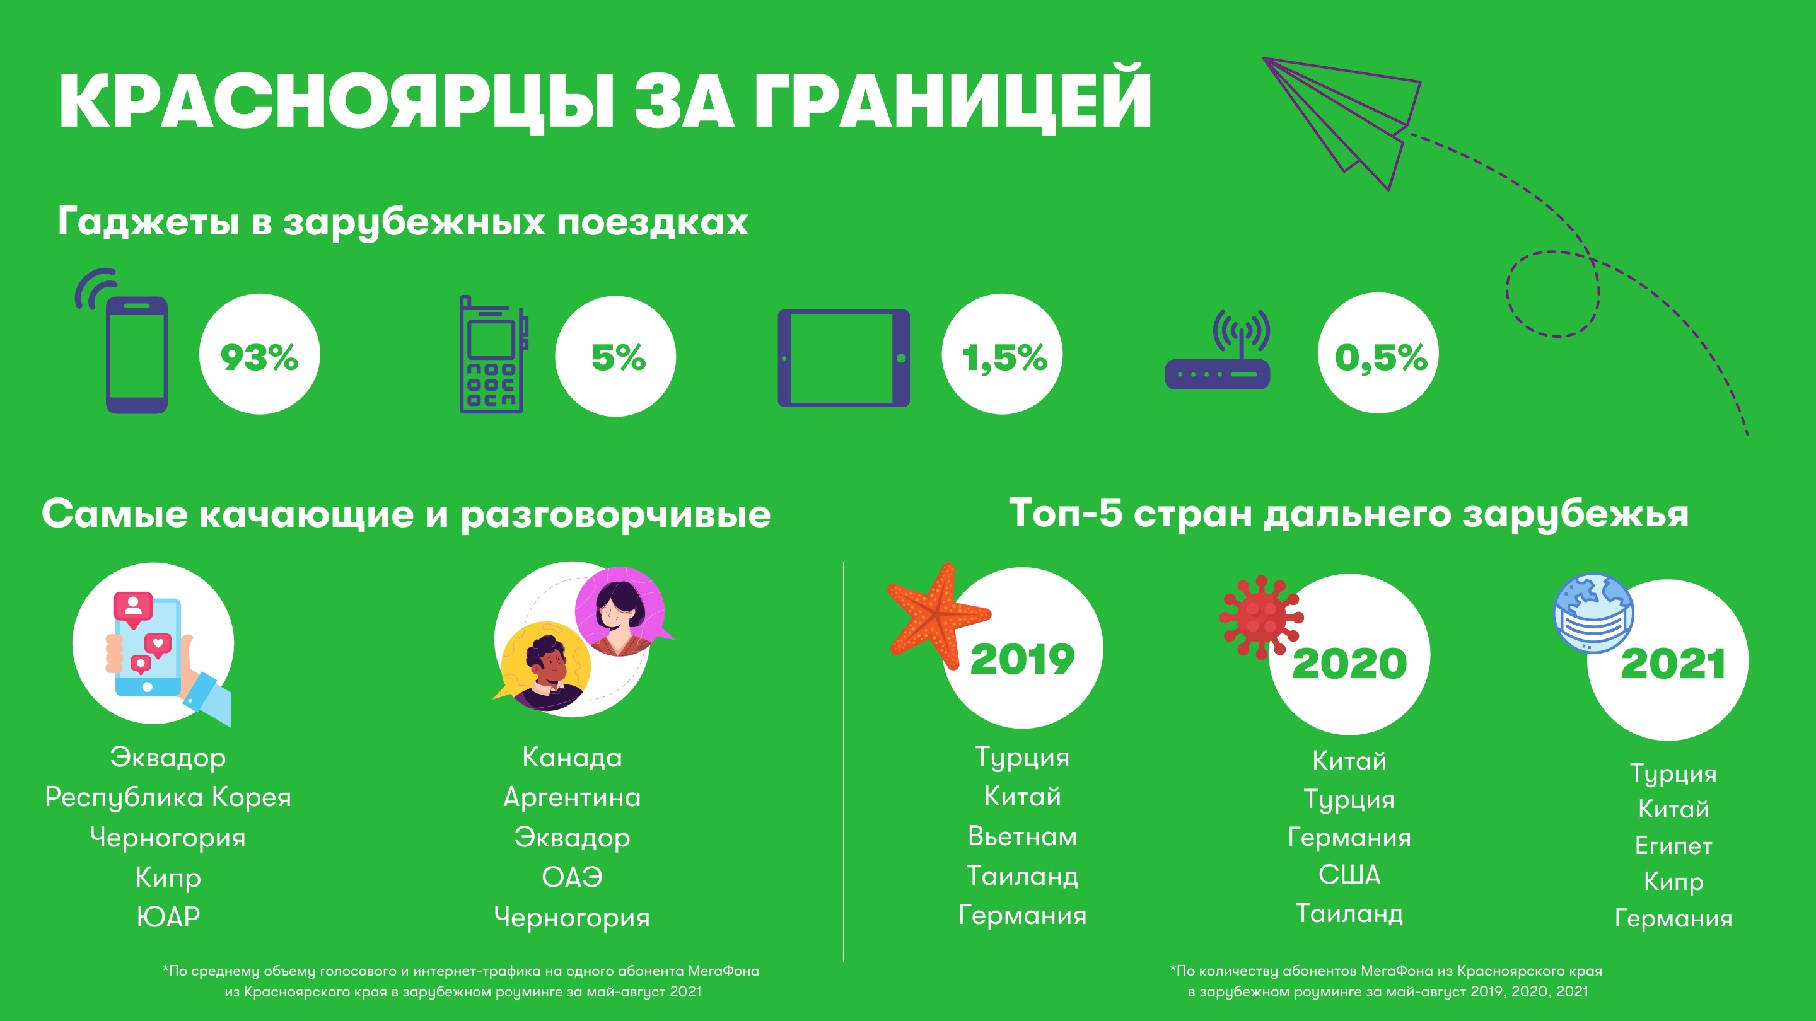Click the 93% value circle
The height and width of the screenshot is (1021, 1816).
[x=259, y=354]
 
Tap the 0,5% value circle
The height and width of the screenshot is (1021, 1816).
[x=1378, y=353]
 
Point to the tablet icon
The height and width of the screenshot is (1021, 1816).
[x=843, y=358]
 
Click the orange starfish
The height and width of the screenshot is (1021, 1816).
[x=938, y=616]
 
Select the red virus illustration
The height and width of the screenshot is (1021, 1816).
[x=1261, y=616]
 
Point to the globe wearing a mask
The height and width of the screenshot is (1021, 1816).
[x=1594, y=613]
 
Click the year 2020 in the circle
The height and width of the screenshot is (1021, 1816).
[x=1349, y=663]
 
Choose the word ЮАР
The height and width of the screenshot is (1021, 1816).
[x=168, y=917]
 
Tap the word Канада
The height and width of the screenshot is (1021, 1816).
[x=572, y=758]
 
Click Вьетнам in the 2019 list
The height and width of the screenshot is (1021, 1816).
[x=1022, y=836]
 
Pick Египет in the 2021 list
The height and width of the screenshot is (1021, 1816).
[x=1673, y=846]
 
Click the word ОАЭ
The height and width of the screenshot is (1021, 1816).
[x=572, y=877]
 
